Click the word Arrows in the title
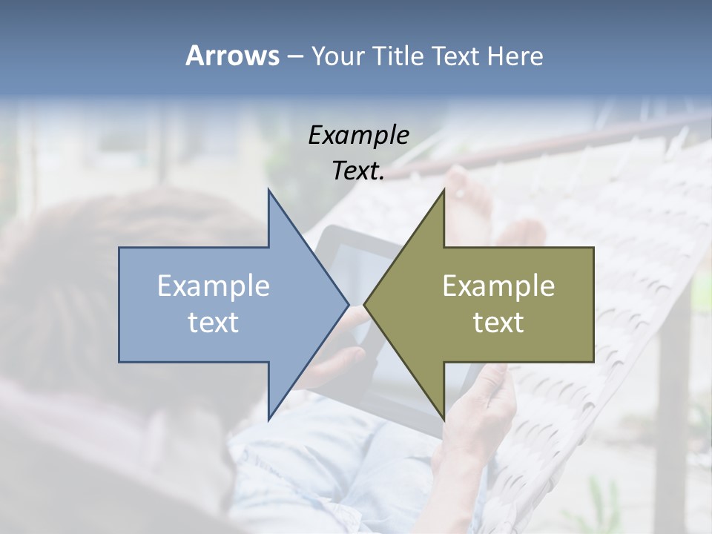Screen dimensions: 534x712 click(232, 56)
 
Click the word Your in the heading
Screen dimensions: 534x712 click(336, 56)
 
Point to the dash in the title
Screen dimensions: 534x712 click(294, 56)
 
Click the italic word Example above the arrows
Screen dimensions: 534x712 click(358, 135)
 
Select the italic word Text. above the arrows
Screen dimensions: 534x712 click(358, 171)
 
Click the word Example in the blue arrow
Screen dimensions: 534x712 click(214, 286)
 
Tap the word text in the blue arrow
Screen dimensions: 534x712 click(214, 323)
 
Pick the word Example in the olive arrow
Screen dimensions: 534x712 click(498, 286)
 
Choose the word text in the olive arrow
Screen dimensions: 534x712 click(498, 323)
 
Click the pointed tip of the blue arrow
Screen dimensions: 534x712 click(346, 304)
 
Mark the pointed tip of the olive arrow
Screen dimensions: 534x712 click(366, 304)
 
